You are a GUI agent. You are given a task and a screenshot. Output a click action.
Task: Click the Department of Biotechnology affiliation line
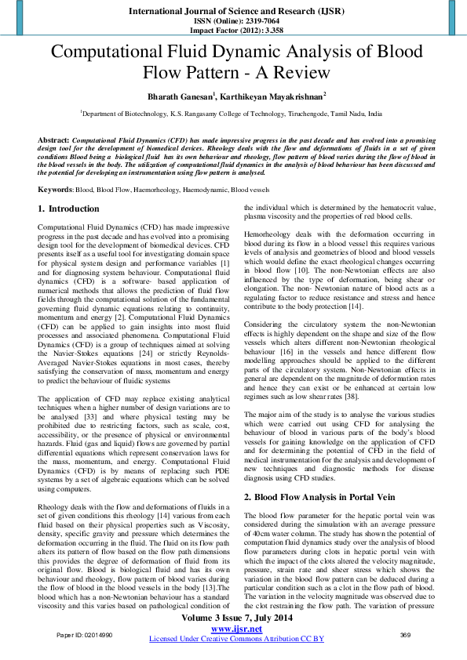coord(232,114)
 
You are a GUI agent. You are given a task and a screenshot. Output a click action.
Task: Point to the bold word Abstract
coord(53,139)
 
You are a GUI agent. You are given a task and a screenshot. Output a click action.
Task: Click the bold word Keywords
coord(56,190)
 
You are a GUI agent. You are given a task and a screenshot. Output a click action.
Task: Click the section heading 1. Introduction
coord(69,209)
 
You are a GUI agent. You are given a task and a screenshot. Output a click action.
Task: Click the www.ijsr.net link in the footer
coord(236,629)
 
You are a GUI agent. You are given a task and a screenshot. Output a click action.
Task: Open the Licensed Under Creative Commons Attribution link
coord(236,639)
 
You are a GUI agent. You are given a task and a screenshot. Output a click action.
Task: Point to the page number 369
coord(405,634)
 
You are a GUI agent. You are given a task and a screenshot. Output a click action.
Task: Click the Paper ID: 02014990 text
coord(84,634)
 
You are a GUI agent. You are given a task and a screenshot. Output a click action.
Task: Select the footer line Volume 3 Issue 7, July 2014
coord(236,618)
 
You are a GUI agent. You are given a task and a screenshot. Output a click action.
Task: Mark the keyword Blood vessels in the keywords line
coord(250,190)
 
